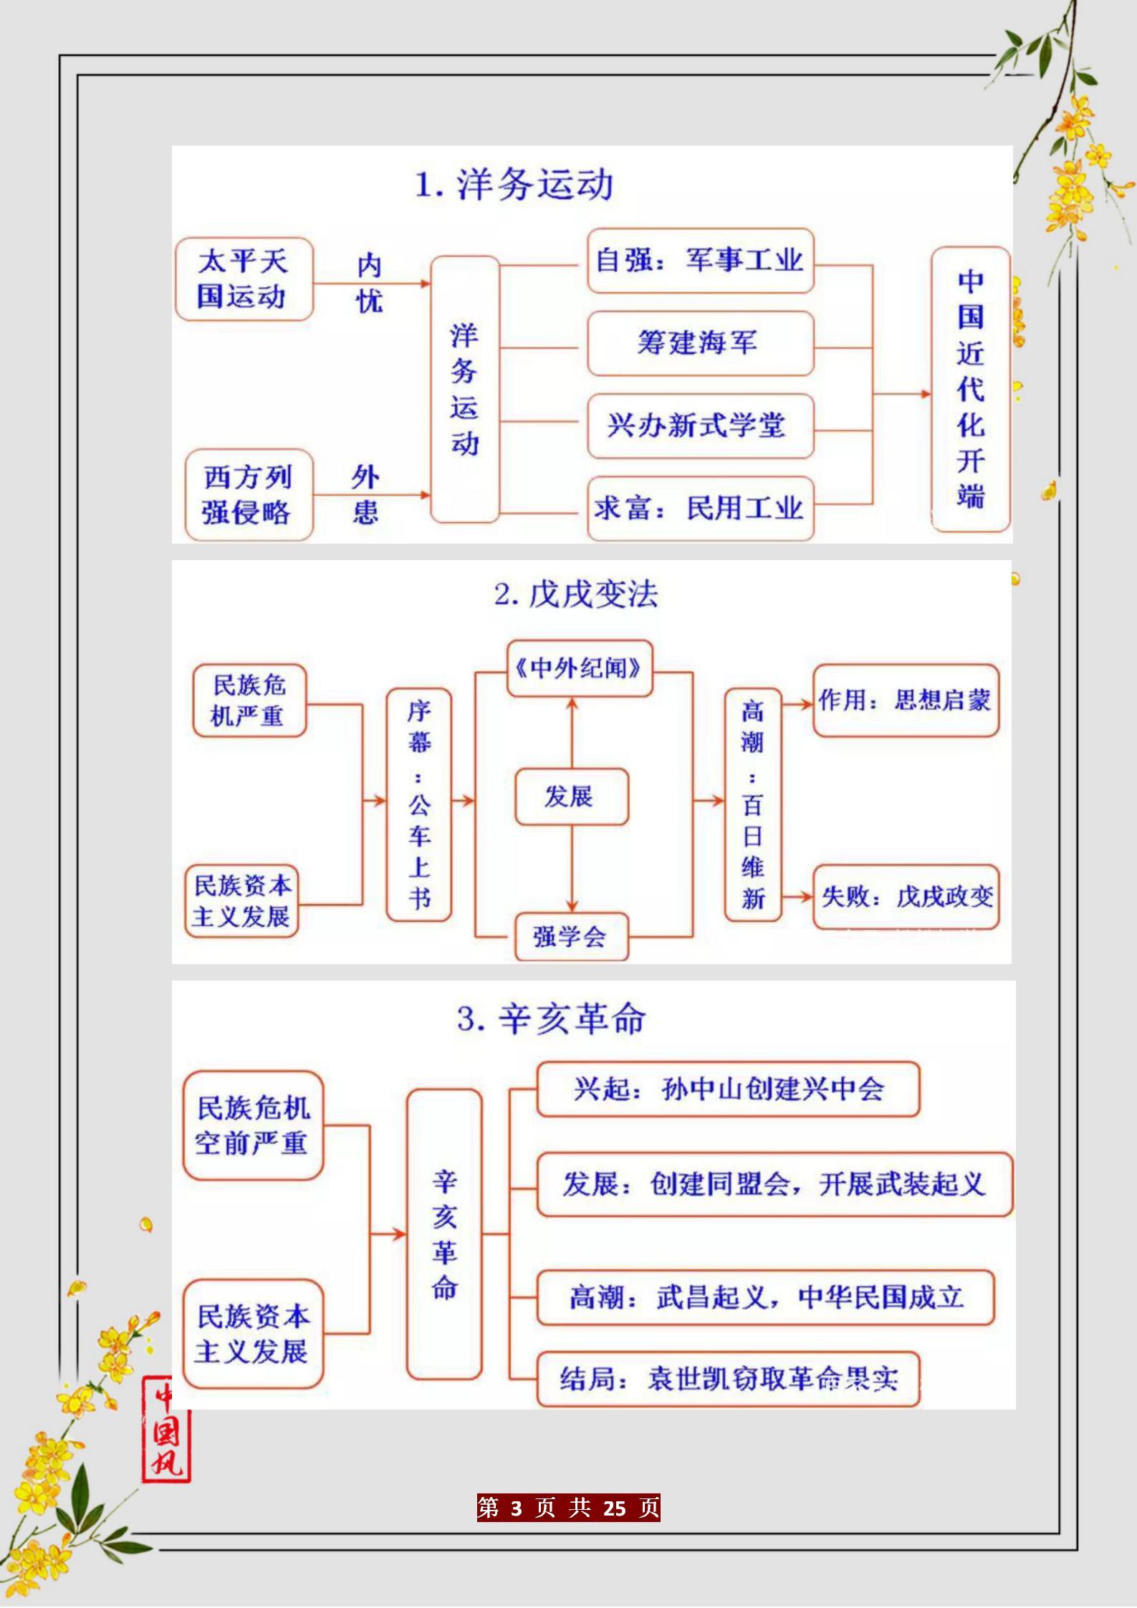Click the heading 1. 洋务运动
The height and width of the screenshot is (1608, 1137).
click(514, 185)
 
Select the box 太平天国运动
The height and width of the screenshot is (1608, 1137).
click(244, 279)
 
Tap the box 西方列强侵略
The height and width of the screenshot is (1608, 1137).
click(249, 495)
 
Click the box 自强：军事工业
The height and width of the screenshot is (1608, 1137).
click(701, 261)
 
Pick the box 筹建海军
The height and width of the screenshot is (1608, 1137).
click(701, 343)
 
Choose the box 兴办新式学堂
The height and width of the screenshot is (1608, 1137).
click(701, 426)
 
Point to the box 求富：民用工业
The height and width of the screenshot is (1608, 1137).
click(701, 509)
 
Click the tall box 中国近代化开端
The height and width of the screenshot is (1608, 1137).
click(971, 390)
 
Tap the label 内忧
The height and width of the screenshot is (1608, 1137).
click(370, 284)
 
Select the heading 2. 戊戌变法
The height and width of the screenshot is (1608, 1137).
click(576, 594)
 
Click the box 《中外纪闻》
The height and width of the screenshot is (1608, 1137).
click(580, 669)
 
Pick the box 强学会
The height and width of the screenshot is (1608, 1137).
click(572, 937)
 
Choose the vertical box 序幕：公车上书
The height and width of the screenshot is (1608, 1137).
click(419, 805)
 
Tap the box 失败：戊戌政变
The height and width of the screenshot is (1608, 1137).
click(906, 897)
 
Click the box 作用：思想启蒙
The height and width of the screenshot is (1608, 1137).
click(906, 701)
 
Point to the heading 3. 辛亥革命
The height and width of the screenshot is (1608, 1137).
click(552, 1019)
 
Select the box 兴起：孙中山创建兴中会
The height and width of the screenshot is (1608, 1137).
click(728, 1089)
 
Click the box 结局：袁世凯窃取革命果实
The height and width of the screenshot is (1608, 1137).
click(728, 1379)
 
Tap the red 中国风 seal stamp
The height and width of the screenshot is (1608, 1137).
click(166, 1429)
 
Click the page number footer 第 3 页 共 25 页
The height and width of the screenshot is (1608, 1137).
click(569, 1508)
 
